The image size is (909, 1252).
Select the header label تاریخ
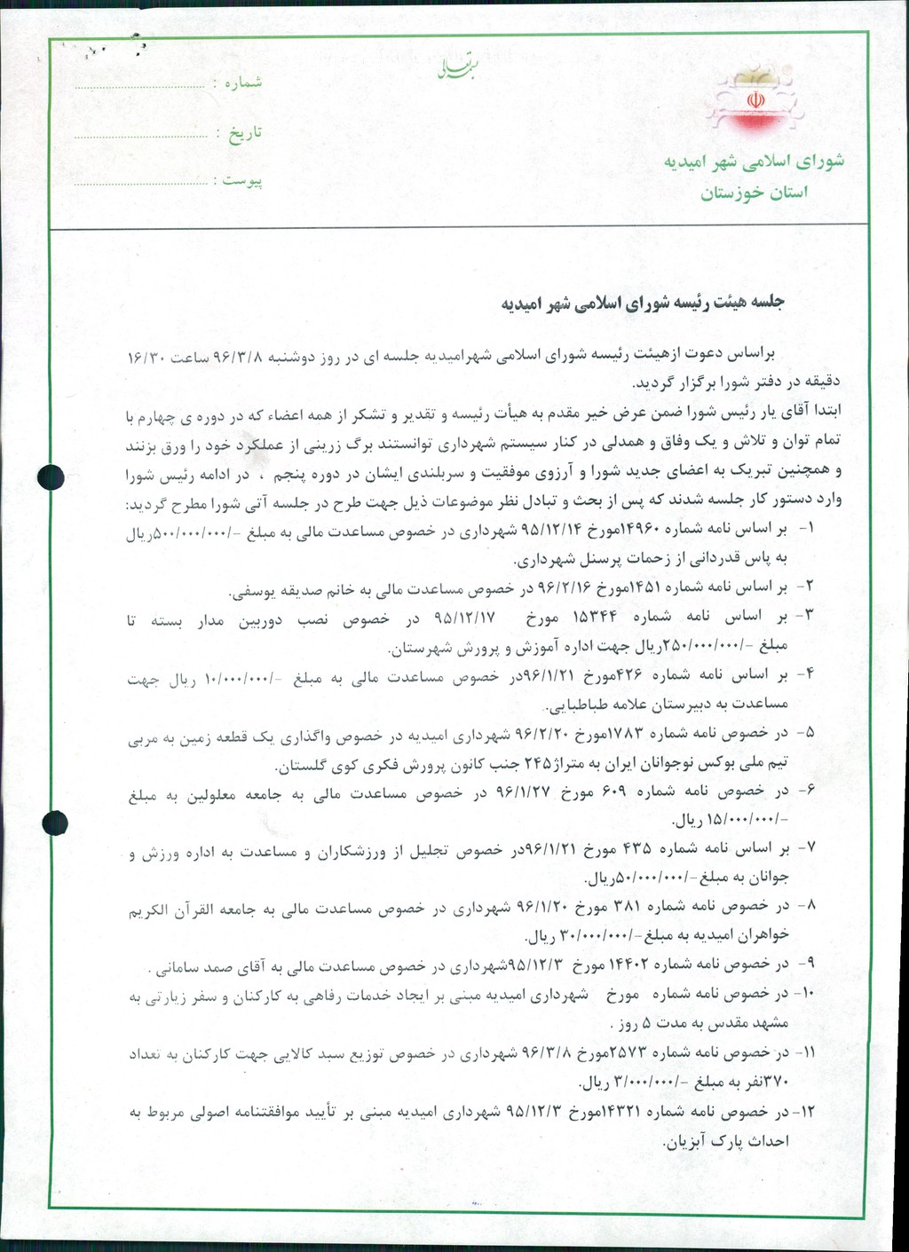[x=245, y=133]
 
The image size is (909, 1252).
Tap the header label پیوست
[x=242, y=181]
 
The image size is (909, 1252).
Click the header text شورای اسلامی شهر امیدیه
[x=754, y=161]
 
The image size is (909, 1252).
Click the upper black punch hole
[x=52, y=476]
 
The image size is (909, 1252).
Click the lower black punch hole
[x=55, y=823]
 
